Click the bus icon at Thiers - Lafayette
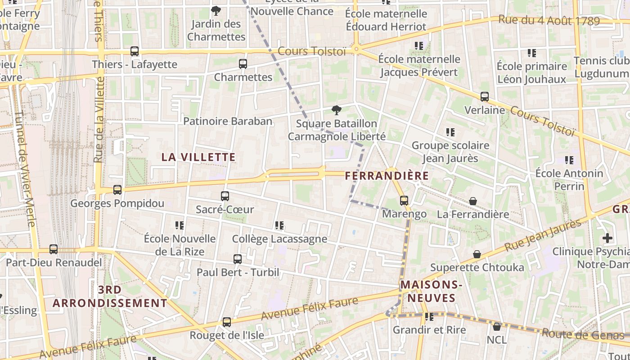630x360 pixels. point(135,51)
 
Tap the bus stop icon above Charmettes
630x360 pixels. point(243,64)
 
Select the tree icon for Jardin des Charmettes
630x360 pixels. point(216,10)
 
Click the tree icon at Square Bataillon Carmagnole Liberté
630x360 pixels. point(336,110)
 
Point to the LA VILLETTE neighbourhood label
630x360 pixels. point(198,157)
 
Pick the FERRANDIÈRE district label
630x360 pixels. point(387,175)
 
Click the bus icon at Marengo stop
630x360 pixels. point(404,201)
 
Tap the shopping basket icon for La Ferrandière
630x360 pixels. point(473,201)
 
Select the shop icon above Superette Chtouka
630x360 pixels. point(477,255)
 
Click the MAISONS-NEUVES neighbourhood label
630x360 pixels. point(431,291)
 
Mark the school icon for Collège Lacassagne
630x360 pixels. point(279,225)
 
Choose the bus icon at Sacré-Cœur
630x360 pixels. point(225,196)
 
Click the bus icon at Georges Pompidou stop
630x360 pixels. point(117,190)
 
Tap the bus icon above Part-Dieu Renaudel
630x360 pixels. point(54,249)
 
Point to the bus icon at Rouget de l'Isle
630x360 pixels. point(227,322)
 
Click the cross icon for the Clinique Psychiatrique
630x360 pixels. point(607,238)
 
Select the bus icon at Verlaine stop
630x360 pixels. point(485,97)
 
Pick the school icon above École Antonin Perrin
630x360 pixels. point(569,160)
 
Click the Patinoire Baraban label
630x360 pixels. point(228,121)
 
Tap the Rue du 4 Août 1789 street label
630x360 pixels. point(549,20)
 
